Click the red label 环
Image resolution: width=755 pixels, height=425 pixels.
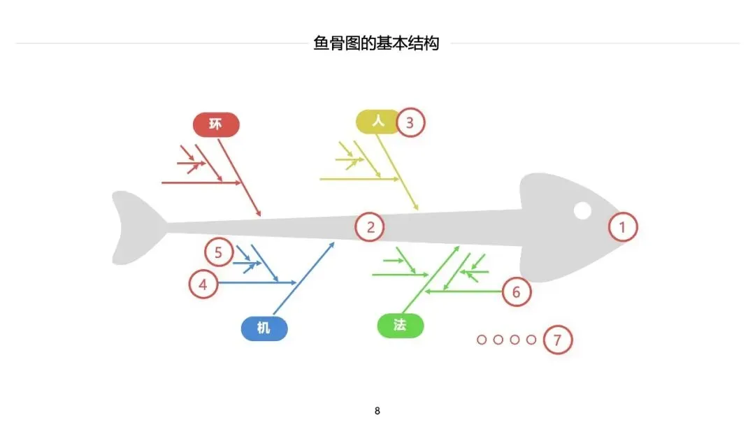[216, 124]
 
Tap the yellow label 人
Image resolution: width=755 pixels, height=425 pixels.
[377, 122]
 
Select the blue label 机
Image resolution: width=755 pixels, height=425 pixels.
[264, 328]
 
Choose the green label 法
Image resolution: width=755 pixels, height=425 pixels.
[400, 325]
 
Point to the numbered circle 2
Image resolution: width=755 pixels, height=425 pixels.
[370, 226]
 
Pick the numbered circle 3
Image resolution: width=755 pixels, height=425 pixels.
[410, 123]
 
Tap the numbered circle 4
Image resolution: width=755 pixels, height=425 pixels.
[203, 284]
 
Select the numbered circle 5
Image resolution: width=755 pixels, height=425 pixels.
[219, 252]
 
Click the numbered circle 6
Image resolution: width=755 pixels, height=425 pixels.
[517, 291]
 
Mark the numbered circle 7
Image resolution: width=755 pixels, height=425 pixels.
[557, 340]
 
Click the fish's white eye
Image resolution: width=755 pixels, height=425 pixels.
[582, 210]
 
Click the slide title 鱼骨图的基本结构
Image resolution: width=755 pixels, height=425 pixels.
[377, 43]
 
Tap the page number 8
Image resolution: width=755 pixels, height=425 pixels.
[377, 410]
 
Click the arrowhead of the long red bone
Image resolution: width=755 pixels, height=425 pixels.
[259, 214]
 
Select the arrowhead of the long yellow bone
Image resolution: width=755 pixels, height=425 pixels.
[417, 208]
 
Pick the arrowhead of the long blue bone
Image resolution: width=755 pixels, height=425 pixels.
[333, 244]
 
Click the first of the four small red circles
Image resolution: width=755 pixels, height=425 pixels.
[482, 340]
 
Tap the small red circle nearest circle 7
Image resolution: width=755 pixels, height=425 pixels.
[531, 340]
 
